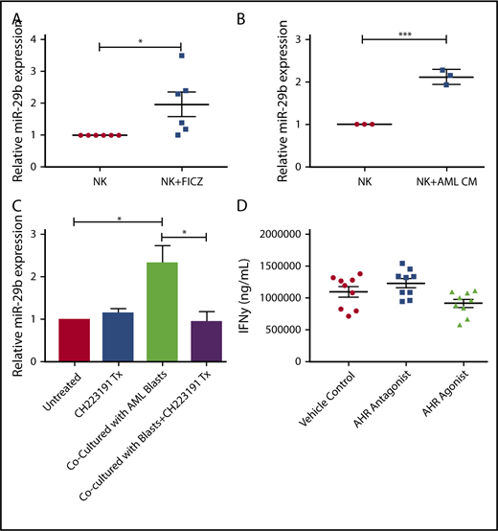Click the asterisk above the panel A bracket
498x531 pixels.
(141, 39)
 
